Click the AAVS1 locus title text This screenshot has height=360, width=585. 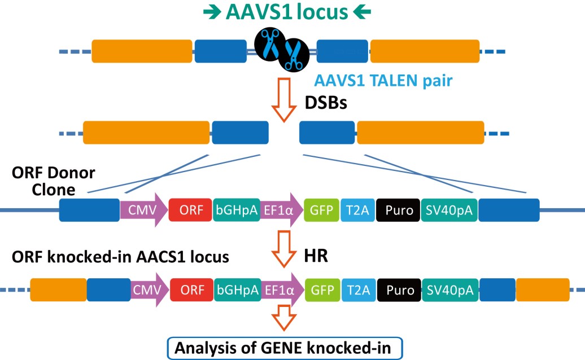(287, 12)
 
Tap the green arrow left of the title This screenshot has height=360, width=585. (212, 12)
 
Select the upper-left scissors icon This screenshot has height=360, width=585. (270, 44)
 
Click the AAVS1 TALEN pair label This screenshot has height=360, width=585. (383, 81)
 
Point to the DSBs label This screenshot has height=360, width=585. (326, 103)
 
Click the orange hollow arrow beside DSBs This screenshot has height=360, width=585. (284, 100)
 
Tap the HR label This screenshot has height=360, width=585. (316, 256)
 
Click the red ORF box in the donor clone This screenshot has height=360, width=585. (190, 210)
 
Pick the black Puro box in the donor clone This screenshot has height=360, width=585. (398, 210)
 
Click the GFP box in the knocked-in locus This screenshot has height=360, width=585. (323, 290)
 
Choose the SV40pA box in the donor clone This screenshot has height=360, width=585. (449, 210)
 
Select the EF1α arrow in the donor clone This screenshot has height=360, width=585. (281, 210)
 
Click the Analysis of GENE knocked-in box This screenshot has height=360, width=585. (285, 348)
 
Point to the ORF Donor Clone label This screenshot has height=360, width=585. (53, 181)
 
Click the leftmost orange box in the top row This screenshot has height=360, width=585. (142, 51)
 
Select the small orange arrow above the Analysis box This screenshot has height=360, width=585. (284, 318)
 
